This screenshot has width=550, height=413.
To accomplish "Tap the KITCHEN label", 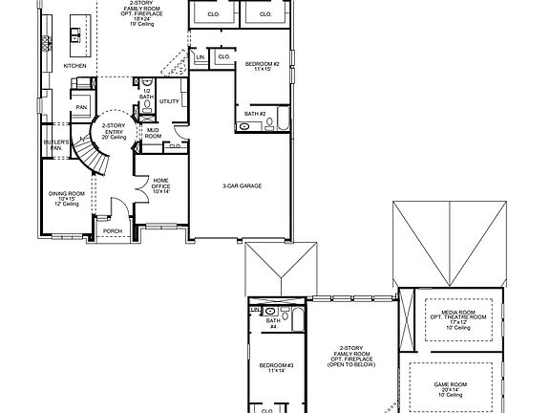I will click(x=75, y=66).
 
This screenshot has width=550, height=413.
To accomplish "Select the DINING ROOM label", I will click(x=66, y=197).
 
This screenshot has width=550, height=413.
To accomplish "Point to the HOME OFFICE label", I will click(x=161, y=185).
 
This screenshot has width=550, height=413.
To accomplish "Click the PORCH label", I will click(x=113, y=230).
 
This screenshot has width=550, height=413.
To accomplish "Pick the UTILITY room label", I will click(x=170, y=100).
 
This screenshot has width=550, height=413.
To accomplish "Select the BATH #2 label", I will click(x=254, y=114).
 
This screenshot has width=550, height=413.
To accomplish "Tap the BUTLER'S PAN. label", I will click(x=56, y=144).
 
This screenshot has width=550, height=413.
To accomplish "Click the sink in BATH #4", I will click(x=272, y=312).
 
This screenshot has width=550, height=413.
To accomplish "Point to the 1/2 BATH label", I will click(x=146, y=94).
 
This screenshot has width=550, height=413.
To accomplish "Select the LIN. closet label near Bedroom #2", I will click(x=201, y=58).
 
